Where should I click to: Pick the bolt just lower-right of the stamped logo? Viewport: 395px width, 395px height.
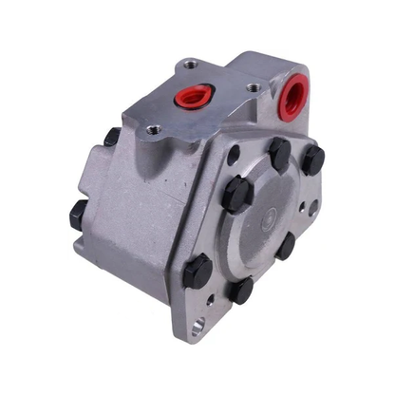(285, 245)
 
